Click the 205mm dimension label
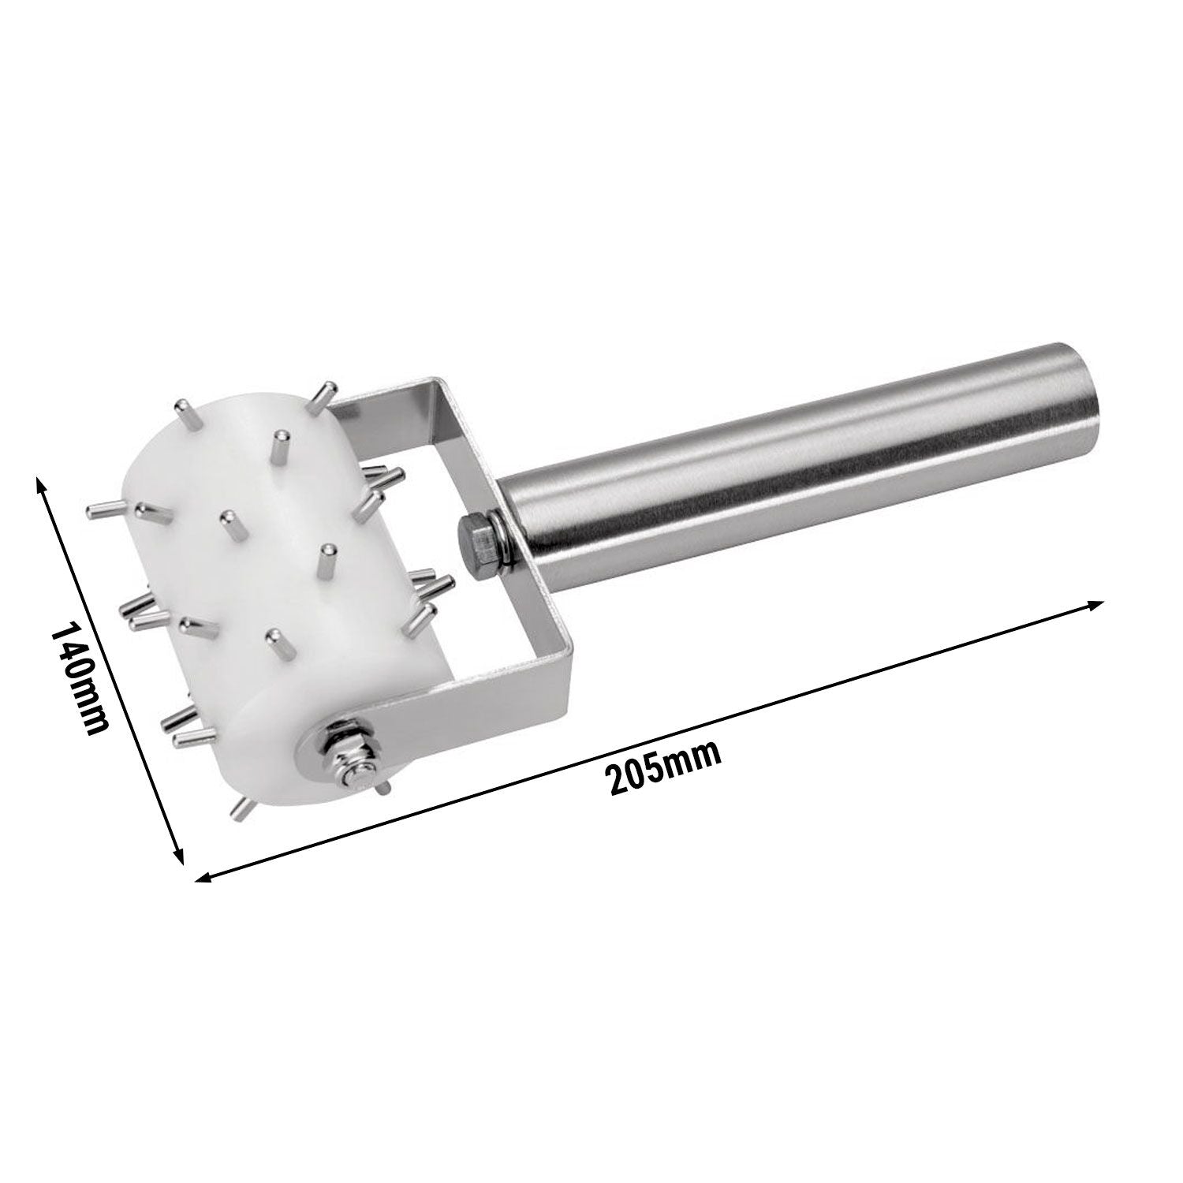point(666,767)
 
